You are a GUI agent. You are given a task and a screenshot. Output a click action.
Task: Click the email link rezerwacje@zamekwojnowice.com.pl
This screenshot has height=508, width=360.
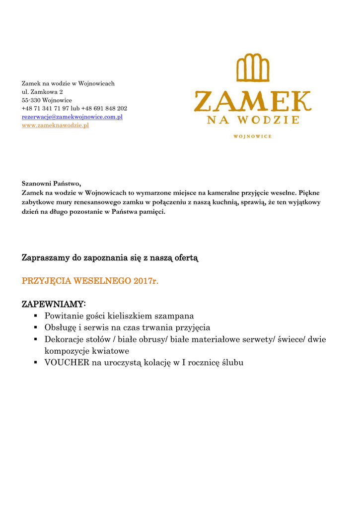[x=72, y=117]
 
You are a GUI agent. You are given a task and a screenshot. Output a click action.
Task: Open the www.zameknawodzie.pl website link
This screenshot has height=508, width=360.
[x=55, y=126]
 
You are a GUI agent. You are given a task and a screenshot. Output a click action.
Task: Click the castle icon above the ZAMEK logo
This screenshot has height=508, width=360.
[x=253, y=68]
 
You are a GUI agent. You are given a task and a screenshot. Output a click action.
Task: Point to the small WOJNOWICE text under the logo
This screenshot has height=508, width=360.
[x=252, y=136]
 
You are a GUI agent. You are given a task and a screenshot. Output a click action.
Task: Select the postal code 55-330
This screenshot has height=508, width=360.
[x=31, y=100]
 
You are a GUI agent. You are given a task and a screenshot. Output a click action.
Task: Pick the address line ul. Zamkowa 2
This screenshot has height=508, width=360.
[x=42, y=92]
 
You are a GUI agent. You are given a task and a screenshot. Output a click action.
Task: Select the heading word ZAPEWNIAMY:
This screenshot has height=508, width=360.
[x=54, y=303]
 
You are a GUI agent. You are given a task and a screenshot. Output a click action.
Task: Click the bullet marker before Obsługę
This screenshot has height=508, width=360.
[x=36, y=328]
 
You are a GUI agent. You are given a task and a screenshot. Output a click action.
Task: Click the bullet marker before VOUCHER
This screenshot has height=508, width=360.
[x=36, y=363]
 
